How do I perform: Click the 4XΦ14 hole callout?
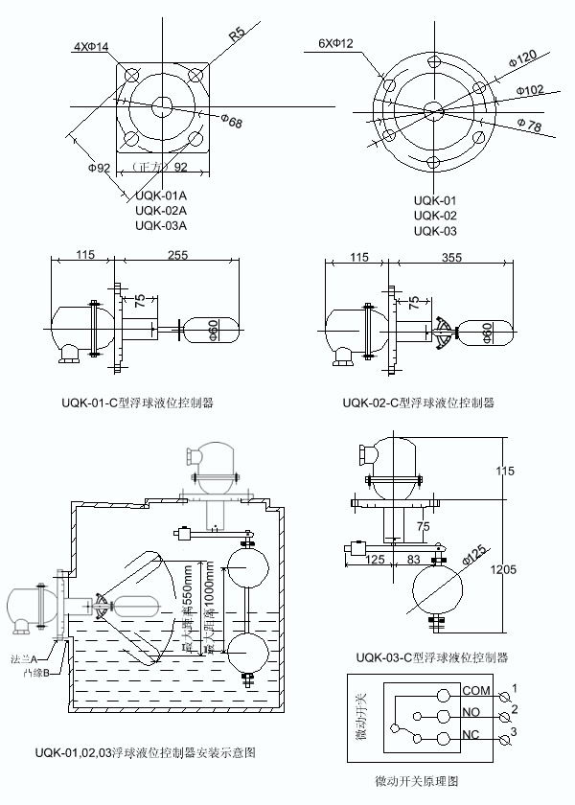click(91, 46)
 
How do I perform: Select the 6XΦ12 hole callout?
click(335, 43)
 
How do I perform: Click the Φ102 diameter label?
click(529, 89)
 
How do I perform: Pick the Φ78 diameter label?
click(529, 126)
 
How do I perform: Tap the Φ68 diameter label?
click(231, 121)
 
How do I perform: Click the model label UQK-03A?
click(160, 226)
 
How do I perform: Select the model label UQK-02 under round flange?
click(435, 216)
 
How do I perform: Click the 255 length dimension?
click(177, 256)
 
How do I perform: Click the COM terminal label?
click(475, 690)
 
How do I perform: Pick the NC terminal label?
click(471, 734)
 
